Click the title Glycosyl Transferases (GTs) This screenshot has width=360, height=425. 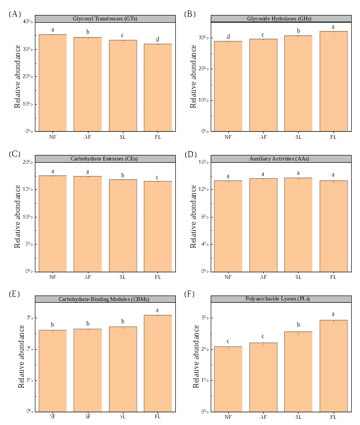pyautogui.click(x=105, y=19)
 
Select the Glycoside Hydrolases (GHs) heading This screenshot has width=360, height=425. pyautogui.click(x=279, y=19)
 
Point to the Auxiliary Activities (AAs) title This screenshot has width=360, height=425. pyautogui.click(x=279, y=159)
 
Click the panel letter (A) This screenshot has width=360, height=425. pyautogui.click(x=15, y=13)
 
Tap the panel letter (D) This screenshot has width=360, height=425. pyautogui.click(x=190, y=154)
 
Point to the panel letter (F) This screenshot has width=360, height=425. pyautogui.click(x=190, y=293)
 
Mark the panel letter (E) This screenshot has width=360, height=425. pyautogui.click(x=15, y=293)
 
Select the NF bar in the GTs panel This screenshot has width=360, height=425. pyautogui.click(x=53, y=83)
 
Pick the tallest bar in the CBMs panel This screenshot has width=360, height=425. pyautogui.click(x=158, y=363)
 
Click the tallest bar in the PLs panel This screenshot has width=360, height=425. pyautogui.click(x=333, y=365)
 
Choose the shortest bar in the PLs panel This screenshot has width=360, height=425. pyautogui.click(x=228, y=379)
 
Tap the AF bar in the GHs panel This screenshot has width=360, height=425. pyautogui.click(x=263, y=85)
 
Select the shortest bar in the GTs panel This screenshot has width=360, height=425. pyautogui.click(x=158, y=87)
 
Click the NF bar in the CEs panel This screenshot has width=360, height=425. pyautogui.click(x=53, y=224)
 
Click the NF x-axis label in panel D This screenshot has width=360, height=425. pyautogui.click(x=228, y=277)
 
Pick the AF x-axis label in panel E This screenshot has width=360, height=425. pyautogui.click(x=88, y=417)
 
